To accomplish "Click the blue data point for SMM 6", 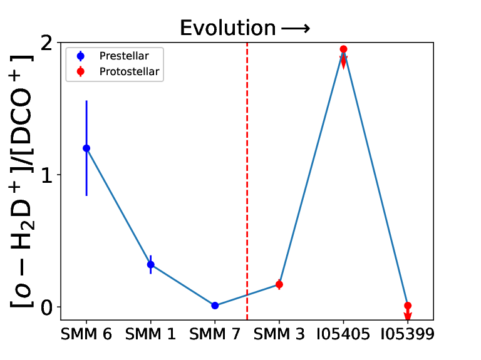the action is [86, 148].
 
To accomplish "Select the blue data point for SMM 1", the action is [150, 264].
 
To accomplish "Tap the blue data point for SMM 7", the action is [215, 306].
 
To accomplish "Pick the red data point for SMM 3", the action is [279, 285].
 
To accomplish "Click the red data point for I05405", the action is [344, 49].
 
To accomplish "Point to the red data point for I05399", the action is [408, 306].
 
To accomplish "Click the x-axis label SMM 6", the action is [86, 334].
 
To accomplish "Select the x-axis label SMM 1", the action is [150, 334].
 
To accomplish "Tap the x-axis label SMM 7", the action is [215, 334].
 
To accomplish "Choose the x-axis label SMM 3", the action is [279, 334].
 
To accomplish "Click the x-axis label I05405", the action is [343, 334].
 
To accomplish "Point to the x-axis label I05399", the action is [408, 334].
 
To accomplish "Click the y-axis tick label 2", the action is [46, 43].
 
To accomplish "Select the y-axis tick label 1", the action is [47, 175].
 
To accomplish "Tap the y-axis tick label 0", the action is [46, 307].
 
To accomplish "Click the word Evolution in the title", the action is [228, 28].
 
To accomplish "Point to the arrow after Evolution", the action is [296, 29].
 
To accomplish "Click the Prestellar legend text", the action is [124, 56].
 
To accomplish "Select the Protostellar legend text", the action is [130, 72].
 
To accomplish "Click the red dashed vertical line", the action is [247, 181].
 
